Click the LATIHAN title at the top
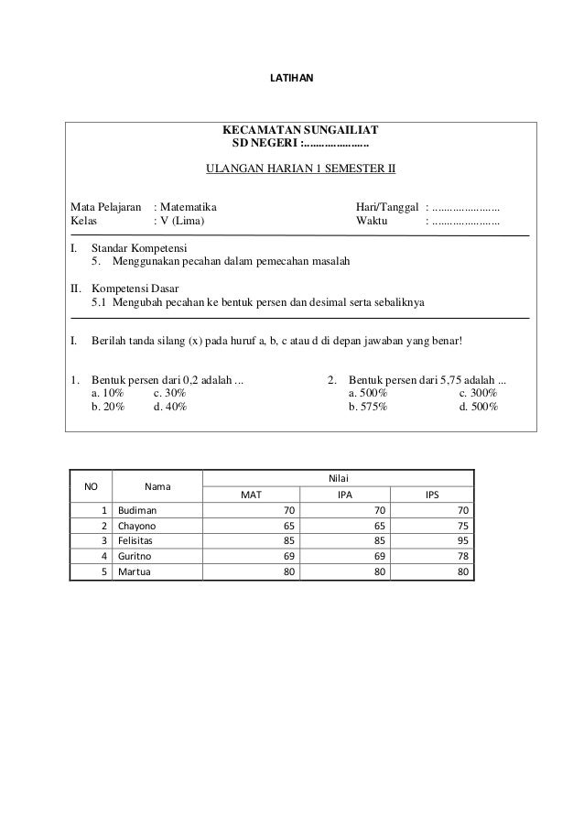coord(291,80)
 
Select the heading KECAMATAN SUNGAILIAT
coord(301,129)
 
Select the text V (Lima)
coord(183,222)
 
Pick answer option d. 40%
coord(169,406)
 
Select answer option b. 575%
coord(368,406)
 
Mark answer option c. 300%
coord(478,392)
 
